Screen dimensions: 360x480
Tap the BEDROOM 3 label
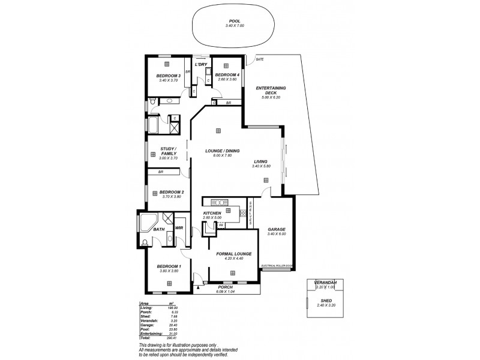(169, 76)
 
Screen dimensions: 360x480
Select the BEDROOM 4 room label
(227, 75)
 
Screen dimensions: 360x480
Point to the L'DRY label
(200, 64)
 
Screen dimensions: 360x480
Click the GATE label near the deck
(259, 60)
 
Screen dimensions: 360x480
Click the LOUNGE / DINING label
(223, 151)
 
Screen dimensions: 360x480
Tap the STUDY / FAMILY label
(168, 151)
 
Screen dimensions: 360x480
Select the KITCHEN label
(212, 214)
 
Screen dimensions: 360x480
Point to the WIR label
(179, 229)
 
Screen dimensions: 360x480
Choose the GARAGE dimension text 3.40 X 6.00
(276, 234)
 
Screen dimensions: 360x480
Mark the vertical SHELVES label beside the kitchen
(251, 214)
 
